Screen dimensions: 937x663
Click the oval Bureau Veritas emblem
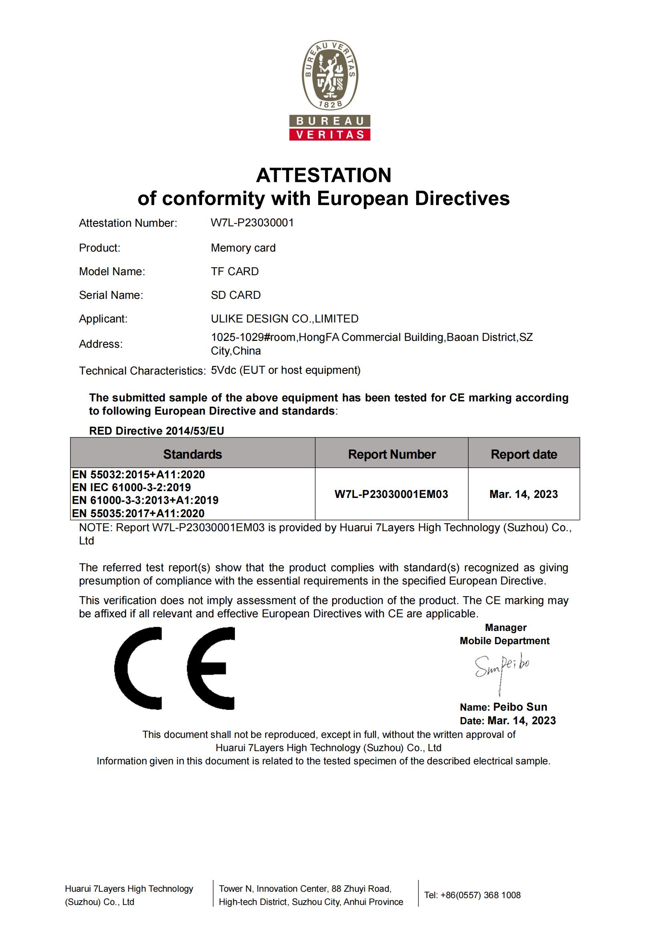[330, 75]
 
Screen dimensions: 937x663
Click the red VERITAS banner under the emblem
[330, 135]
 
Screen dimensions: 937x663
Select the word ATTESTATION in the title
[323, 175]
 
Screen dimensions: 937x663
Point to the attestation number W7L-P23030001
[252, 223]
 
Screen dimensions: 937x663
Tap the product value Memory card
[243, 248]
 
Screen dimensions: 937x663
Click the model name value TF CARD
[234, 272]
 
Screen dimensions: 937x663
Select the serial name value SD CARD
[236, 295]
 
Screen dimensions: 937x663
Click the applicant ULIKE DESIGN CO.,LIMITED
[284, 319]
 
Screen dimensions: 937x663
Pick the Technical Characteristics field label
[142, 371]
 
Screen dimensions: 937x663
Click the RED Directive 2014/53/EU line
[156, 431]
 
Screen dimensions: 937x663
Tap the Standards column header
[192, 454]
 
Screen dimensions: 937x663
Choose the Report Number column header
[392, 454]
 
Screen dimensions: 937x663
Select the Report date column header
[524, 454]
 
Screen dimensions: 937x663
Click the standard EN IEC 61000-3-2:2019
[131, 487]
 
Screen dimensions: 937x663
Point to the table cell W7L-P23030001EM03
[391, 494]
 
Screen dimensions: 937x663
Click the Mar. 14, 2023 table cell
[524, 494]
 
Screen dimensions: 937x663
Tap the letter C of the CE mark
[138, 669]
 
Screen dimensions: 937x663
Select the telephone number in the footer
[472, 895]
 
